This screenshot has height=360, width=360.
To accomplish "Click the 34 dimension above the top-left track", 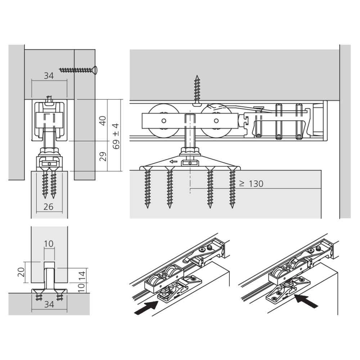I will tap(49, 76).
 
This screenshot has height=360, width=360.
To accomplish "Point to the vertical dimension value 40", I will tap(103, 120).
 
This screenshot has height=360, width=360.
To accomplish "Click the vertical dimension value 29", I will tap(103, 156).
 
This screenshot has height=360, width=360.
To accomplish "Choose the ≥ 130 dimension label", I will tap(251, 184).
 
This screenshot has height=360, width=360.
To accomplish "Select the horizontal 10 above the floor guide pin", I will tap(49, 244).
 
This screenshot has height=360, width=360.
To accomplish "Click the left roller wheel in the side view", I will tap(164, 121).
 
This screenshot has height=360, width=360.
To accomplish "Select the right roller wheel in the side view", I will tap(216, 121).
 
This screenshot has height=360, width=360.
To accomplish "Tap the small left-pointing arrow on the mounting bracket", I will tap(174, 162).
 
